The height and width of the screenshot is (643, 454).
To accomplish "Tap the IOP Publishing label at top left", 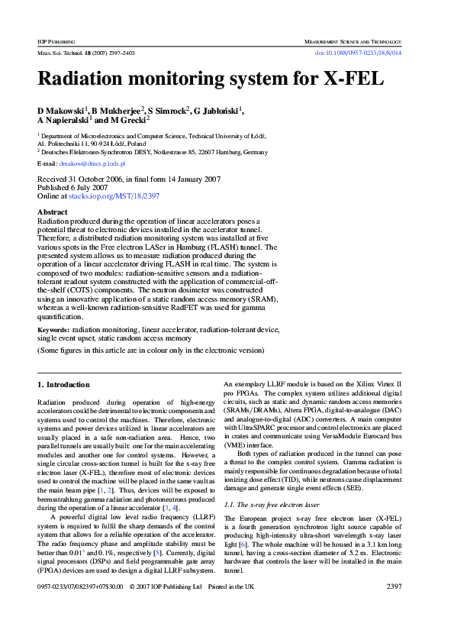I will (x=55, y=40).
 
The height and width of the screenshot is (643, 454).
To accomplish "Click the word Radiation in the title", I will (x=83, y=79).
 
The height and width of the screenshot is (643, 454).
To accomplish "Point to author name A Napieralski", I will (x=64, y=121).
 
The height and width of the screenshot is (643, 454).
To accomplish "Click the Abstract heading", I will (x=52, y=212).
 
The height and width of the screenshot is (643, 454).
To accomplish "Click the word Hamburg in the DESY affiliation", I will (x=224, y=151).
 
